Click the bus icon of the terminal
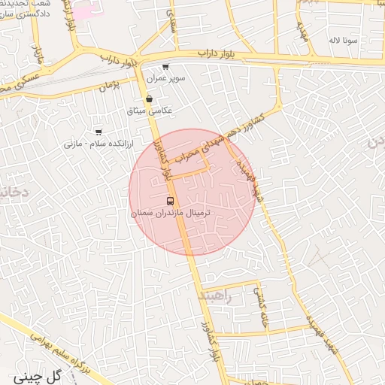170,202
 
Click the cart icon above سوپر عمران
165,67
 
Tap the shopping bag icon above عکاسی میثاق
150,99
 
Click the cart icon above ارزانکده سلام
99,132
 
